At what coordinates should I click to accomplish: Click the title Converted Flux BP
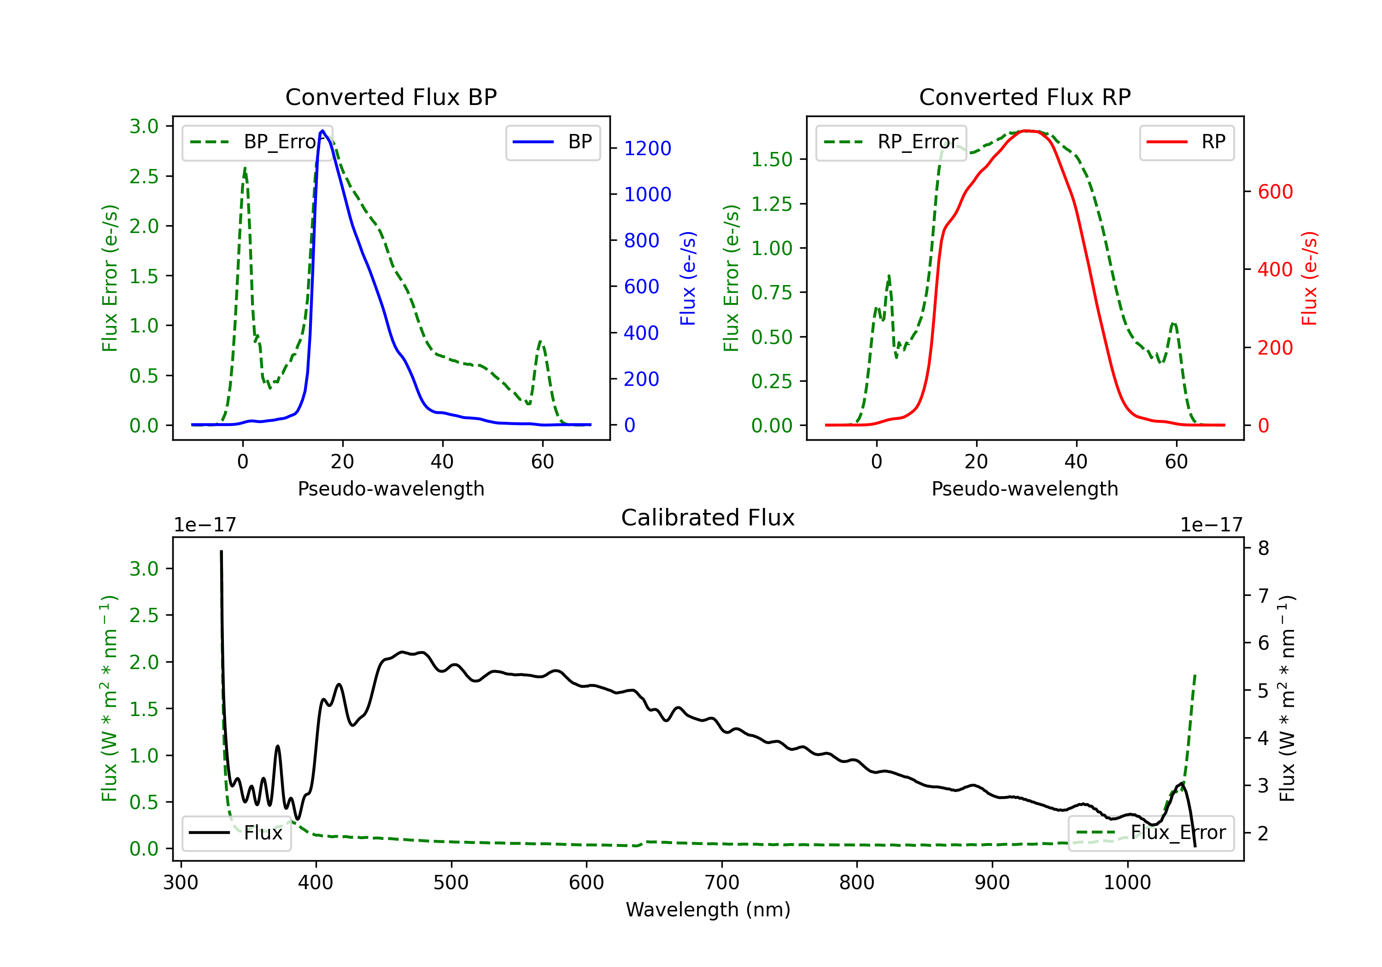click(x=391, y=97)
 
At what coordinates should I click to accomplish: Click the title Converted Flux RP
click(x=1025, y=97)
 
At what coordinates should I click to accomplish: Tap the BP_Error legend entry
click(x=257, y=142)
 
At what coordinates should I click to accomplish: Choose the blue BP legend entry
click(x=552, y=142)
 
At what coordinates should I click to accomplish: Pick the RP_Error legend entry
click(x=891, y=142)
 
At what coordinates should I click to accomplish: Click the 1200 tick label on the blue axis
click(x=647, y=148)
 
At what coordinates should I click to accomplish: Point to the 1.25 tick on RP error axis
click(x=771, y=204)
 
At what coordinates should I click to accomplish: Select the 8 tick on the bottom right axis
click(x=1264, y=548)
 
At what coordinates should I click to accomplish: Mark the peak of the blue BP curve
click(x=322, y=131)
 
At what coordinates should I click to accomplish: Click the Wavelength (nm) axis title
click(x=708, y=910)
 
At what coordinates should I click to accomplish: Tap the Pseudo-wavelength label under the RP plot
click(x=1025, y=489)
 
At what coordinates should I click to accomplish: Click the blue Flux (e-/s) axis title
click(x=688, y=279)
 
